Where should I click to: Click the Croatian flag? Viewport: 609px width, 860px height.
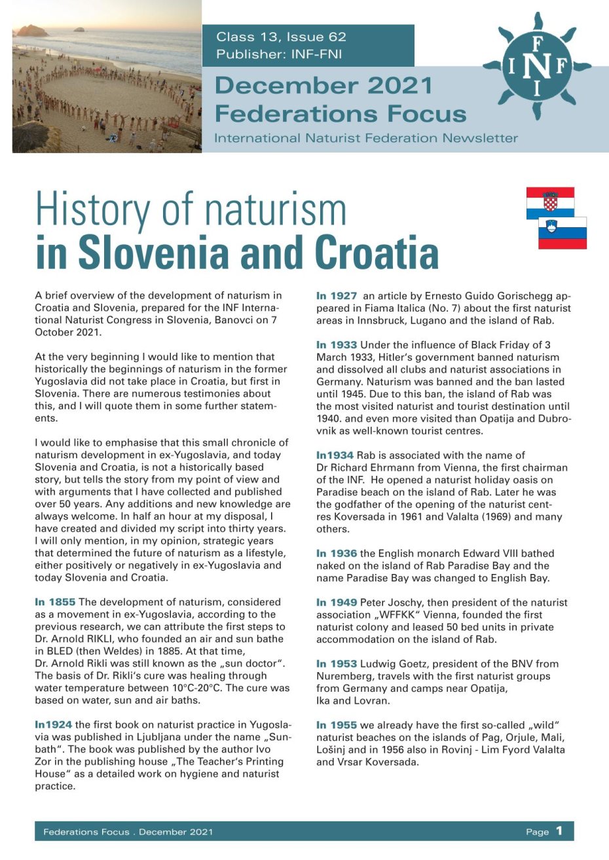click(550, 202)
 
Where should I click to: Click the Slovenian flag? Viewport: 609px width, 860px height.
click(563, 233)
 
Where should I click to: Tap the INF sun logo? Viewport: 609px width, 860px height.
click(537, 65)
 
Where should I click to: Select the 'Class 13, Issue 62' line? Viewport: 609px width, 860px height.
click(281, 37)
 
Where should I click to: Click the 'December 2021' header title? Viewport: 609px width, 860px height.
click(323, 85)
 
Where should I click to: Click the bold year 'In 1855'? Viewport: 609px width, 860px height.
click(56, 602)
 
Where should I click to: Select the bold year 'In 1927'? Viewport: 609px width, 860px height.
click(337, 296)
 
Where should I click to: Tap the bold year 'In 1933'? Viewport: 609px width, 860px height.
click(337, 345)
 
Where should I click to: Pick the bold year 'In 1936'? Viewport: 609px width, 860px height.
click(337, 554)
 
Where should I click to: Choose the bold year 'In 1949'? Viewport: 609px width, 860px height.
click(337, 603)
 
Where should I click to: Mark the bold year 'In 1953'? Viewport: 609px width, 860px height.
click(337, 664)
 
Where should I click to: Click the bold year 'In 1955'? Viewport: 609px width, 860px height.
click(337, 725)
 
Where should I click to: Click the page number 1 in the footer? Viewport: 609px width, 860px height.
click(559, 831)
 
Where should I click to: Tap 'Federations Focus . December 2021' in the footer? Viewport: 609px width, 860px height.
click(128, 832)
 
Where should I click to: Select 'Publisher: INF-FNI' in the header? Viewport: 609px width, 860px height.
click(279, 55)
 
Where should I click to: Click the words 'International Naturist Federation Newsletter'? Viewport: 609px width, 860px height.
click(366, 138)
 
